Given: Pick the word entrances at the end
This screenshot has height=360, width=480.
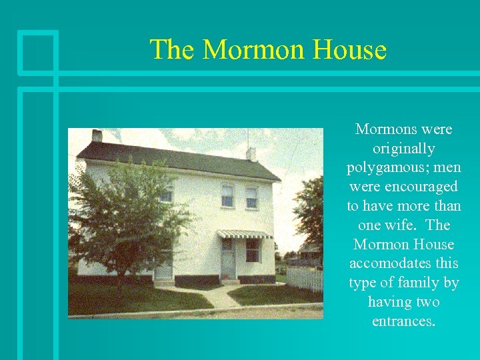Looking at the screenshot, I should tap(404, 321).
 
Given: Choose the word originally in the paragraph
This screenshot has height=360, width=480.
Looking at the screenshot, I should tap(404, 148).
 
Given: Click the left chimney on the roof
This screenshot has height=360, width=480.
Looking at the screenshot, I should tap(97, 136).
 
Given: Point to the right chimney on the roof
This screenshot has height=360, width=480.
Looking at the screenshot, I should tap(251, 154).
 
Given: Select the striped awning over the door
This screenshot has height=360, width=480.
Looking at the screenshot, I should tap(245, 233).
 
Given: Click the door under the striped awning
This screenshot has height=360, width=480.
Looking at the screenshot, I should tap(229, 259).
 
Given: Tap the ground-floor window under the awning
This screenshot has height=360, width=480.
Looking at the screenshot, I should tap(253, 251).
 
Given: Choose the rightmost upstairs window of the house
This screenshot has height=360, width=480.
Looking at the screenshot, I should tap(251, 197).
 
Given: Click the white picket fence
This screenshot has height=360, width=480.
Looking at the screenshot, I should tap(305, 279).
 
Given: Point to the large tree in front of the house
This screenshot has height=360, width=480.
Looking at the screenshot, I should tap(127, 213).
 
